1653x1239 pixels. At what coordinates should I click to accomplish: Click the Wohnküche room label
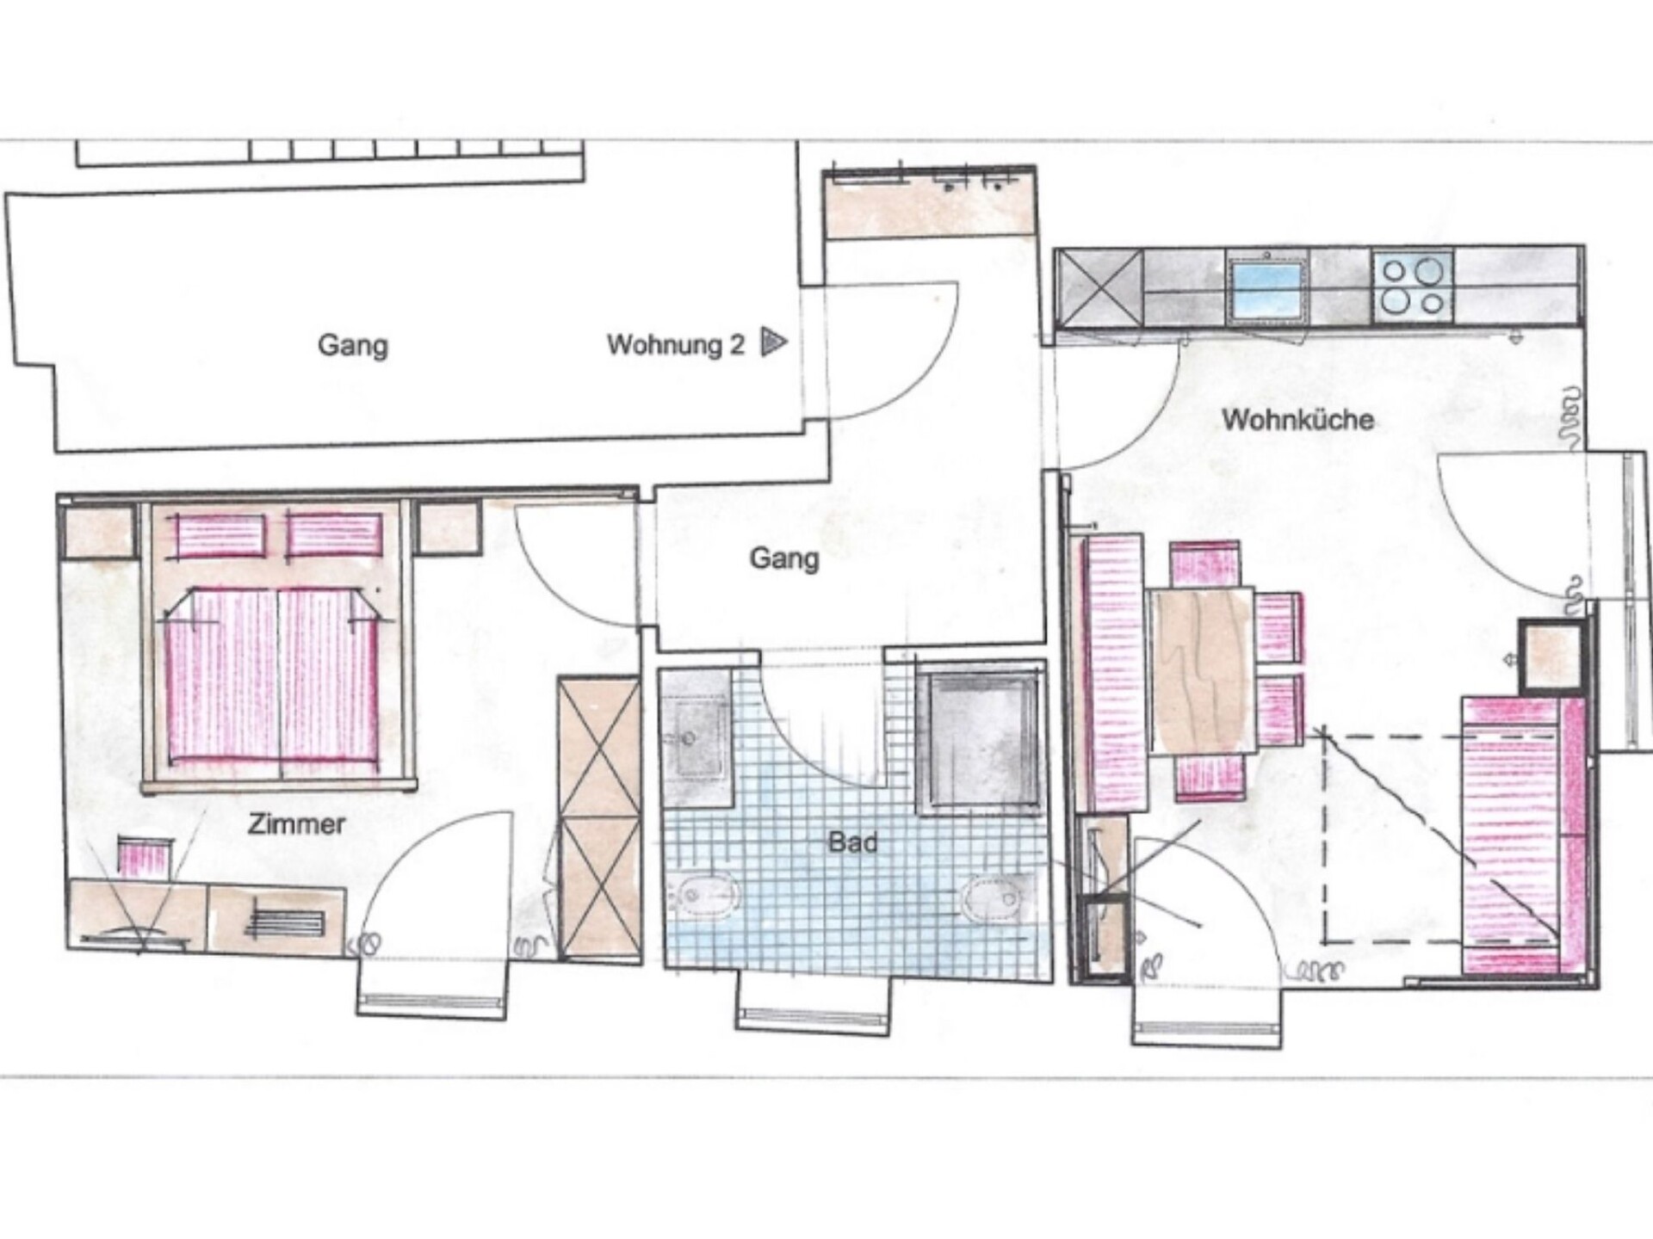coord(1297,420)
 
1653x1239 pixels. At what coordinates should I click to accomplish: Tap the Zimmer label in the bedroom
coord(296,823)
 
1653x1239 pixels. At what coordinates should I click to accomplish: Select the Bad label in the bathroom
coord(852,841)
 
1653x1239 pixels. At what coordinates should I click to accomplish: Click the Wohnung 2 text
coord(675,344)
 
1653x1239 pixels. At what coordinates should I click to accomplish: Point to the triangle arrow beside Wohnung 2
coord(773,342)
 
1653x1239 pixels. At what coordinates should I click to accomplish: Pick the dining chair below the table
coord(1210,777)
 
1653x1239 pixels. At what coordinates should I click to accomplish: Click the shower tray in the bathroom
coord(980,742)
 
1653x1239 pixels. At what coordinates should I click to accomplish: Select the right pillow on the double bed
coord(334,534)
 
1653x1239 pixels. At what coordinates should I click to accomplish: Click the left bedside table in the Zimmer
coord(100,531)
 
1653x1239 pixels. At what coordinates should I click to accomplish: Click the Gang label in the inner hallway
coord(783,558)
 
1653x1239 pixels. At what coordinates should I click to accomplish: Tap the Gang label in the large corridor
coord(353,345)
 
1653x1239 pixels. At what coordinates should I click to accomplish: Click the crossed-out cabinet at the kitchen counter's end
coord(1099,288)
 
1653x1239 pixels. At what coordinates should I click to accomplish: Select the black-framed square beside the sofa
coord(1551,656)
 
